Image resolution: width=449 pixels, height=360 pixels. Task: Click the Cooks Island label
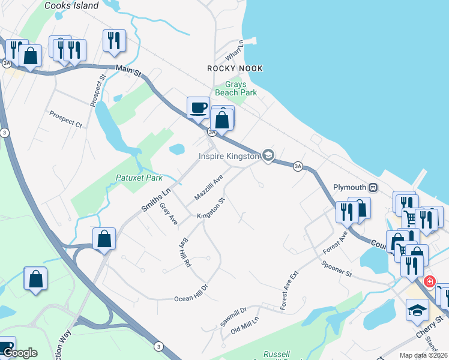tap(71, 5)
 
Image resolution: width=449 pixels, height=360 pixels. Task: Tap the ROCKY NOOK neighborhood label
tap(235, 68)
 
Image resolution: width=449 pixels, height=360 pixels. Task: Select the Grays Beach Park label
tap(236, 89)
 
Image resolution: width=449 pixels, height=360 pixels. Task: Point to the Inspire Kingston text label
tap(229, 157)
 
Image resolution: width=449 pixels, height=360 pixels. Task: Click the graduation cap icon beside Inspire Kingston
tap(268, 156)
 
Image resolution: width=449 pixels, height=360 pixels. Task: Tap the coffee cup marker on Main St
tap(198, 108)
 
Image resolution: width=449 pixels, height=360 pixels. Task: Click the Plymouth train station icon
tap(373, 187)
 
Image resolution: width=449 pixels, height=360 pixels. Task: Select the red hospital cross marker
tap(429, 281)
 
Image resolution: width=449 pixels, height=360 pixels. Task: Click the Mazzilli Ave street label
tap(208, 188)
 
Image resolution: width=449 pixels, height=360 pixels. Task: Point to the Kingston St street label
tap(210, 209)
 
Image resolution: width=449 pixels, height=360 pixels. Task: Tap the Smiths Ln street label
tap(156, 200)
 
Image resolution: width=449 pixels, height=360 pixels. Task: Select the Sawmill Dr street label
tap(234, 317)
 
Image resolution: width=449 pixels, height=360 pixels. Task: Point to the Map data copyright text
tap(423, 355)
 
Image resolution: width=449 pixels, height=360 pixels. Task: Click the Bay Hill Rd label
tap(185, 254)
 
